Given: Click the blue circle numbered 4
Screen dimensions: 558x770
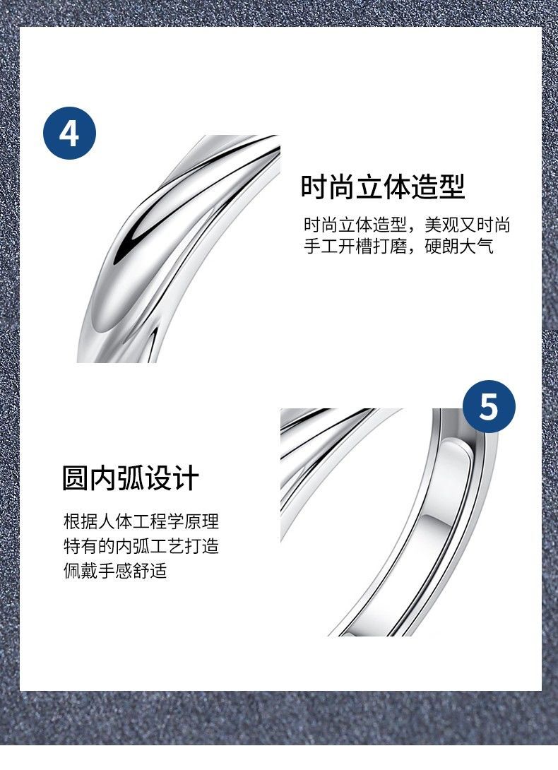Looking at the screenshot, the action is pos(69,133).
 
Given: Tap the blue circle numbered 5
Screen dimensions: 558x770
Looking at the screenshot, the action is pos(489,406).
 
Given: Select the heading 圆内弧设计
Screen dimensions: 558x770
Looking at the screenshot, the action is pos(130,478).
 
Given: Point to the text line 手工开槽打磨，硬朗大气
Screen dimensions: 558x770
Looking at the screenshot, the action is pos(398,246).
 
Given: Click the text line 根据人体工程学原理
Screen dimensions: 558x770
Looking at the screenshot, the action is pos(141,521).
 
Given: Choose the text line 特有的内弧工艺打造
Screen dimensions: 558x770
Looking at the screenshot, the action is pos(141,546).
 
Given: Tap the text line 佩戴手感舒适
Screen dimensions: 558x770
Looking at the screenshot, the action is pos(115,571).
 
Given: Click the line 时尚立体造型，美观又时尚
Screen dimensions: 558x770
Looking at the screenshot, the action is pos(407,225).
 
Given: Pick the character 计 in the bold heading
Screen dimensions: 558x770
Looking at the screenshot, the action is pos(186,478).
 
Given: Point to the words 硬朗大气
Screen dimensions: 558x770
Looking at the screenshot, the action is pos(459,246).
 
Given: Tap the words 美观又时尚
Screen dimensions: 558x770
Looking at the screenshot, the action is pos(468,225).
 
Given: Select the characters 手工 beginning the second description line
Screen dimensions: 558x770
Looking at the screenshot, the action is pos(320,246).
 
